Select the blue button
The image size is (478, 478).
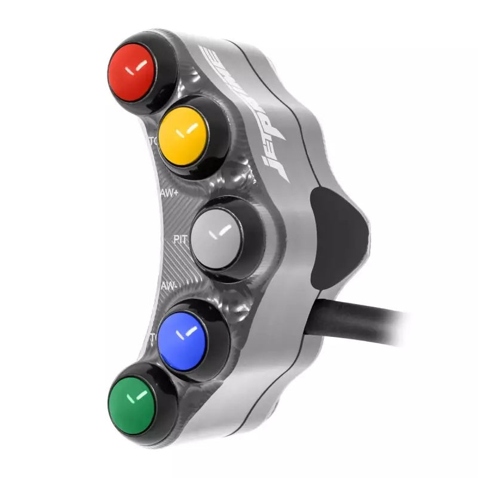(182, 335)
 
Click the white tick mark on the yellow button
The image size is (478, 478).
(190, 128)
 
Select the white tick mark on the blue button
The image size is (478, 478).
(189, 330)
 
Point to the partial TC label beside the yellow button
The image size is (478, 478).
(153, 142)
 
